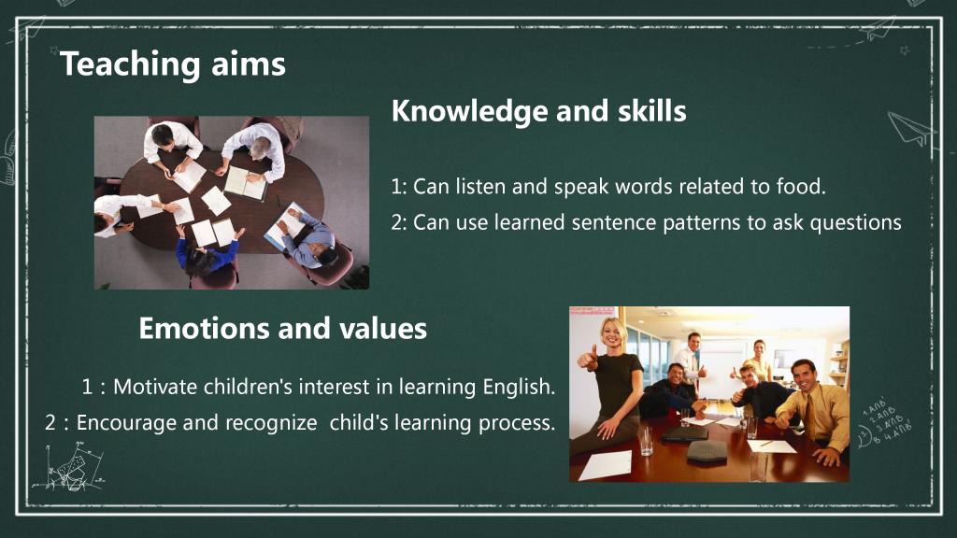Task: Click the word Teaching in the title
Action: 130,64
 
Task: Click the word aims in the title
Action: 249,64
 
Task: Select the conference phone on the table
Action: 707,452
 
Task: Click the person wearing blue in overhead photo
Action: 207,254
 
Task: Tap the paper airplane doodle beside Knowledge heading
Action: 911,129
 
